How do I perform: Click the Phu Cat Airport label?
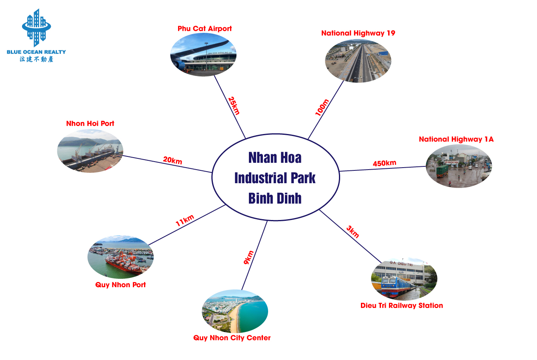204,28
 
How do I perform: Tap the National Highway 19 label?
358,33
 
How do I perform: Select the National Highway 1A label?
456,139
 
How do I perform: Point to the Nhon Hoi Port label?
90,124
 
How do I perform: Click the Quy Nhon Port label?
120,285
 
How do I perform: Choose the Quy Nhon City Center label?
232,338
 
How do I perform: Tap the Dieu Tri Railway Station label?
402,306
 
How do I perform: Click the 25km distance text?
234,106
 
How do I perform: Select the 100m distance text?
322,107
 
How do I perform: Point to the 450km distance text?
385,163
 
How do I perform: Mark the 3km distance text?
353,232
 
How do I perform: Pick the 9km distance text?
248,258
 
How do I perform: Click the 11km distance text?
184,220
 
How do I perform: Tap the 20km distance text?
172,160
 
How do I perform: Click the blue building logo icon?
36,28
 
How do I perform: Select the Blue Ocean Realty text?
36,52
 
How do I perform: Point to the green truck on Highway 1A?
442,171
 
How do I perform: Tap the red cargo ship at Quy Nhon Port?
124,265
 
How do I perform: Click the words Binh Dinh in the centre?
275,198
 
